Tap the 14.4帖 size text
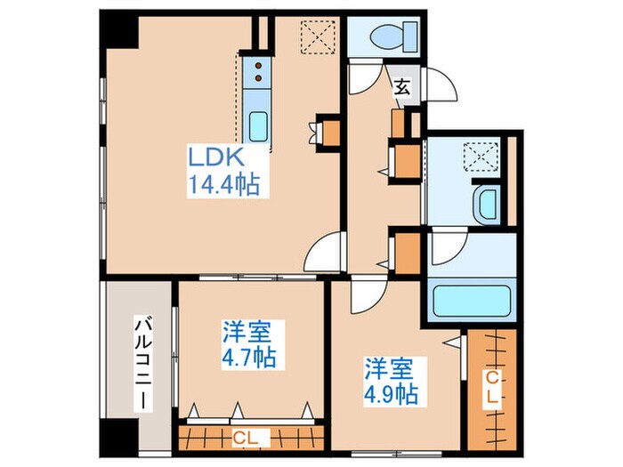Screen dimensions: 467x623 pyautogui.click(x=223, y=185)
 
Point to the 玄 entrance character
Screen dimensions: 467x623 pyautogui.click(x=402, y=86)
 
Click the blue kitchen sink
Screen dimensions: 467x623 pyautogui.click(x=259, y=126)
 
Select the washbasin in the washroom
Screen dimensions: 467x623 pyautogui.click(x=488, y=204)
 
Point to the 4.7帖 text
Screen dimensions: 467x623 pyautogui.click(x=248, y=357)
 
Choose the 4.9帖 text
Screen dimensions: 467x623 pyautogui.click(x=392, y=391)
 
